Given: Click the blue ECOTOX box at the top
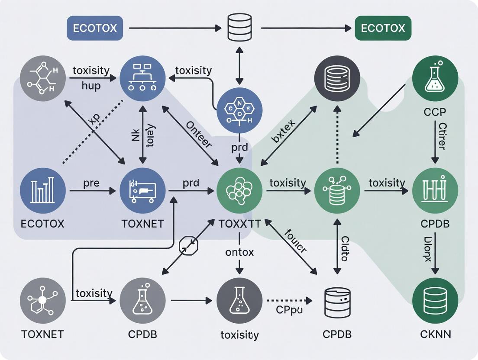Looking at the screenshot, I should pyautogui.click(x=95, y=29).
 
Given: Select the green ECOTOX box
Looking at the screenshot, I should pyautogui.click(x=383, y=29).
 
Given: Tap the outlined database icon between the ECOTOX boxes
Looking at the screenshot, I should pyautogui.click(x=239, y=28).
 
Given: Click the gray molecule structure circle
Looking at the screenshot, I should pyautogui.click(x=43, y=78).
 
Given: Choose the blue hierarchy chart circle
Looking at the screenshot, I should pyautogui.click(x=142, y=78).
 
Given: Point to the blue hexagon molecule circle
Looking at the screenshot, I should pyautogui.click(x=239, y=110).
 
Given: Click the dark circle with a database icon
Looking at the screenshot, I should pyautogui.click(x=337, y=78).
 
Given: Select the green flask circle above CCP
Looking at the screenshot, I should pyautogui.click(x=435, y=78).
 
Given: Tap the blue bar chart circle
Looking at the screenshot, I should pyautogui.click(x=43, y=191).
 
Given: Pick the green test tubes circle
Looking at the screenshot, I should pyautogui.click(x=435, y=191).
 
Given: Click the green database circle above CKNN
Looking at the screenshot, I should pyautogui.click(x=435, y=300).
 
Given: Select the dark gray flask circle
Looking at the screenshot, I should pyautogui.click(x=239, y=300).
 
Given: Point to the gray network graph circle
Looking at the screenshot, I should pyautogui.click(x=43, y=300).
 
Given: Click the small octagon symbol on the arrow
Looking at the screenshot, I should pyautogui.click(x=188, y=246).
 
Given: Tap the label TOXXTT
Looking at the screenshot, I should pyautogui.click(x=239, y=224).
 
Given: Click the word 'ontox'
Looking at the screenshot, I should pyautogui.click(x=239, y=252).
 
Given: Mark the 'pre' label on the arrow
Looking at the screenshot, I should pyautogui.click(x=91, y=183).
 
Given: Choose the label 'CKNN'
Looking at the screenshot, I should pyautogui.click(x=435, y=334).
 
